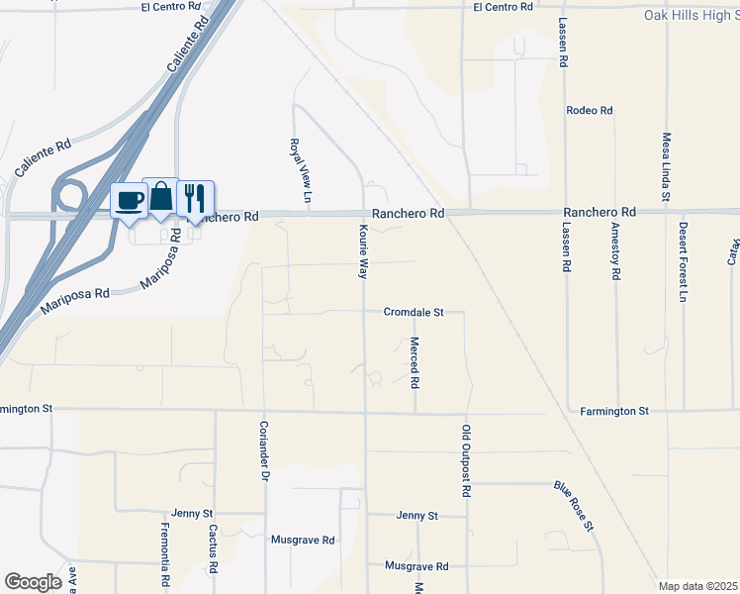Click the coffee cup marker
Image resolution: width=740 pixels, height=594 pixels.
click(x=130, y=201)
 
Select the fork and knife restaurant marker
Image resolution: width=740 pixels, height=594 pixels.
click(x=195, y=198)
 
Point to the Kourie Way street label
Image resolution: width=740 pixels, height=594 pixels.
click(x=362, y=251)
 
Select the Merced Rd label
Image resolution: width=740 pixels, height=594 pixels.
click(x=415, y=361)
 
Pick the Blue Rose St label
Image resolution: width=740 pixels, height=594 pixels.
click(x=573, y=506)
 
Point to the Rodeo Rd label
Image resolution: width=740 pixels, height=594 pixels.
click(x=590, y=111)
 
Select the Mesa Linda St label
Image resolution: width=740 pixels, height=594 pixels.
click(x=667, y=165)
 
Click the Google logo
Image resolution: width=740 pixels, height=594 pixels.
click(x=33, y=582)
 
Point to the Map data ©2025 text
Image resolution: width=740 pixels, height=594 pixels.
click(x=696, y=586)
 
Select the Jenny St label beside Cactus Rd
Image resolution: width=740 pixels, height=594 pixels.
click(x=193, y=514)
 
